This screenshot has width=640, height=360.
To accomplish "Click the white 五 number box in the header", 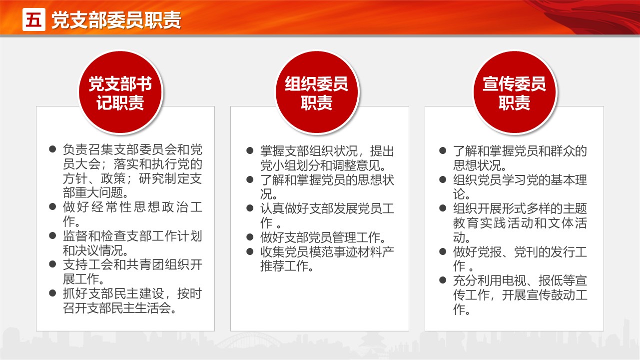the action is (x=33, y=19).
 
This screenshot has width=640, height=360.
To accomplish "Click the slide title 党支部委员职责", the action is (x=116, y=20).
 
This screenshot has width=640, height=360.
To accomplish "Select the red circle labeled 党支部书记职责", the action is (x=120, y=92).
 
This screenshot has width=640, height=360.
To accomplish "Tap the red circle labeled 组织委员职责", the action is (x=317, y=92).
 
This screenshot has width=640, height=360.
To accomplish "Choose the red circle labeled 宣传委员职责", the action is (x=515, y=92).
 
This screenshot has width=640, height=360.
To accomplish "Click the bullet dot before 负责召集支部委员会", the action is (x=52, y=149).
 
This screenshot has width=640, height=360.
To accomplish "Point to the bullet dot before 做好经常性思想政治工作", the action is (x=52, y=206).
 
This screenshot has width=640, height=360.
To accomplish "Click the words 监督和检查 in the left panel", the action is (x=94, y=236).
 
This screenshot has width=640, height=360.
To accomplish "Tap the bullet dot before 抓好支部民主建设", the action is (x=52, y=293).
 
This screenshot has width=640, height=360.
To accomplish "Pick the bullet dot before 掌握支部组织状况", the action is (x=250, y=150).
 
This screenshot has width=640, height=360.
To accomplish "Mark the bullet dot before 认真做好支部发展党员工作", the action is (x=250, y=208).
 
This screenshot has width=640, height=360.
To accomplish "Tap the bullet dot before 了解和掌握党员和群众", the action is (x=443, y=150).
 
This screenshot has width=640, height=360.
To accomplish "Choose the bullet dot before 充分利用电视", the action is (x=443, y=280).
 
